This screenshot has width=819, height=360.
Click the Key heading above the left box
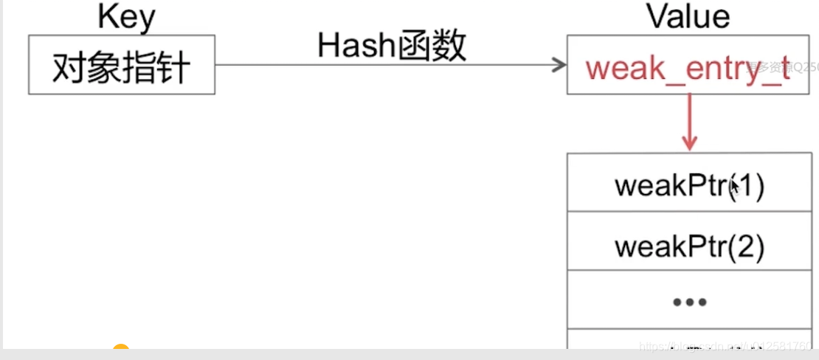[x=126, y=17]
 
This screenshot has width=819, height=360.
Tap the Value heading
[x=688, y=15]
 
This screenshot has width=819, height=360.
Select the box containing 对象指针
[x=122, y=65]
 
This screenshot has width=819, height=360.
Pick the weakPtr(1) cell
[x=689, y=184]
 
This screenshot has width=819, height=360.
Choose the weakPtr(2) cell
[x=689, y=243]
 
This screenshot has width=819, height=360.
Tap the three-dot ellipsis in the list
[x=689, y=302]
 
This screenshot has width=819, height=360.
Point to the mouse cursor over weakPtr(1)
[x=734, y=189]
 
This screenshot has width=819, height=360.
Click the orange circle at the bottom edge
[x=120, y=350]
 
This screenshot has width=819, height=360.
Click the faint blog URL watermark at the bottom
[x=727, y=345]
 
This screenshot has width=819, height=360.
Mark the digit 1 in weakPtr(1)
[x=746, y=185]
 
